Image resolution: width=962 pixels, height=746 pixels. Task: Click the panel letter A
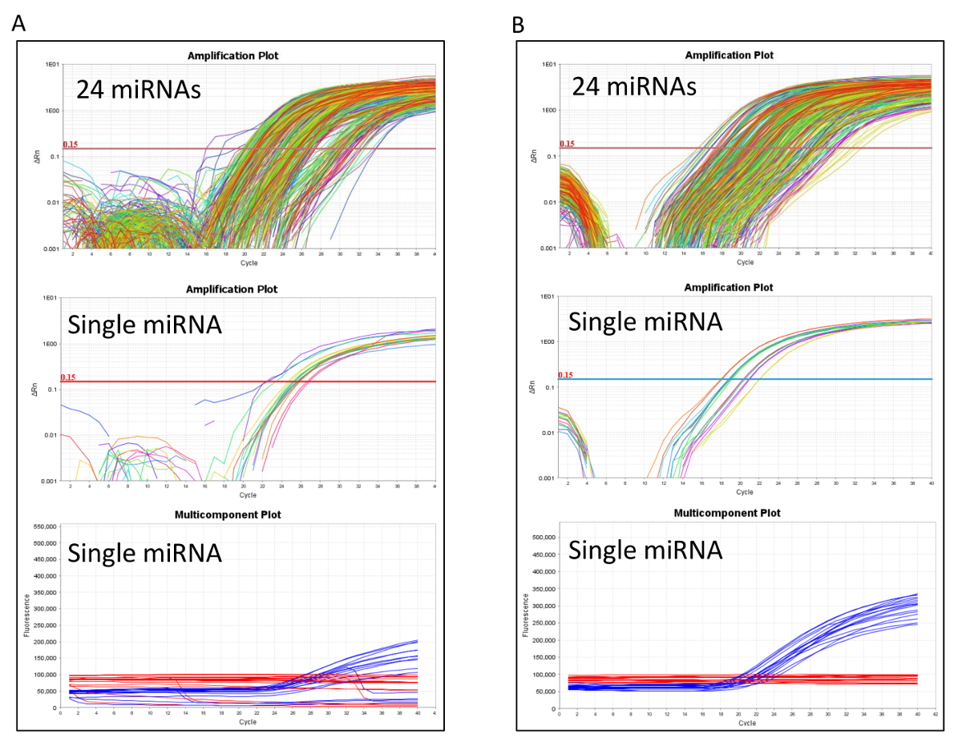[x=18, y=24]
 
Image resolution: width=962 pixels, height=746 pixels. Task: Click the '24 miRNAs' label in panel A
[x=138, y=89]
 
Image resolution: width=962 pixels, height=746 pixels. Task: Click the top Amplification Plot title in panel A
[x=232, y=55]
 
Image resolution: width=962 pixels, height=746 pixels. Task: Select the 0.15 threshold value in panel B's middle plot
[x=566, y=374]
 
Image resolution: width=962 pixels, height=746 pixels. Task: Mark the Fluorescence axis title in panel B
[x=525, y=615]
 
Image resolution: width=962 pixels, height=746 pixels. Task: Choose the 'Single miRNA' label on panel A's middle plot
[x=145, y=324]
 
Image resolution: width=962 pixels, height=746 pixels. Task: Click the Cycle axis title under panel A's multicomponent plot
[x=246, y=722]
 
